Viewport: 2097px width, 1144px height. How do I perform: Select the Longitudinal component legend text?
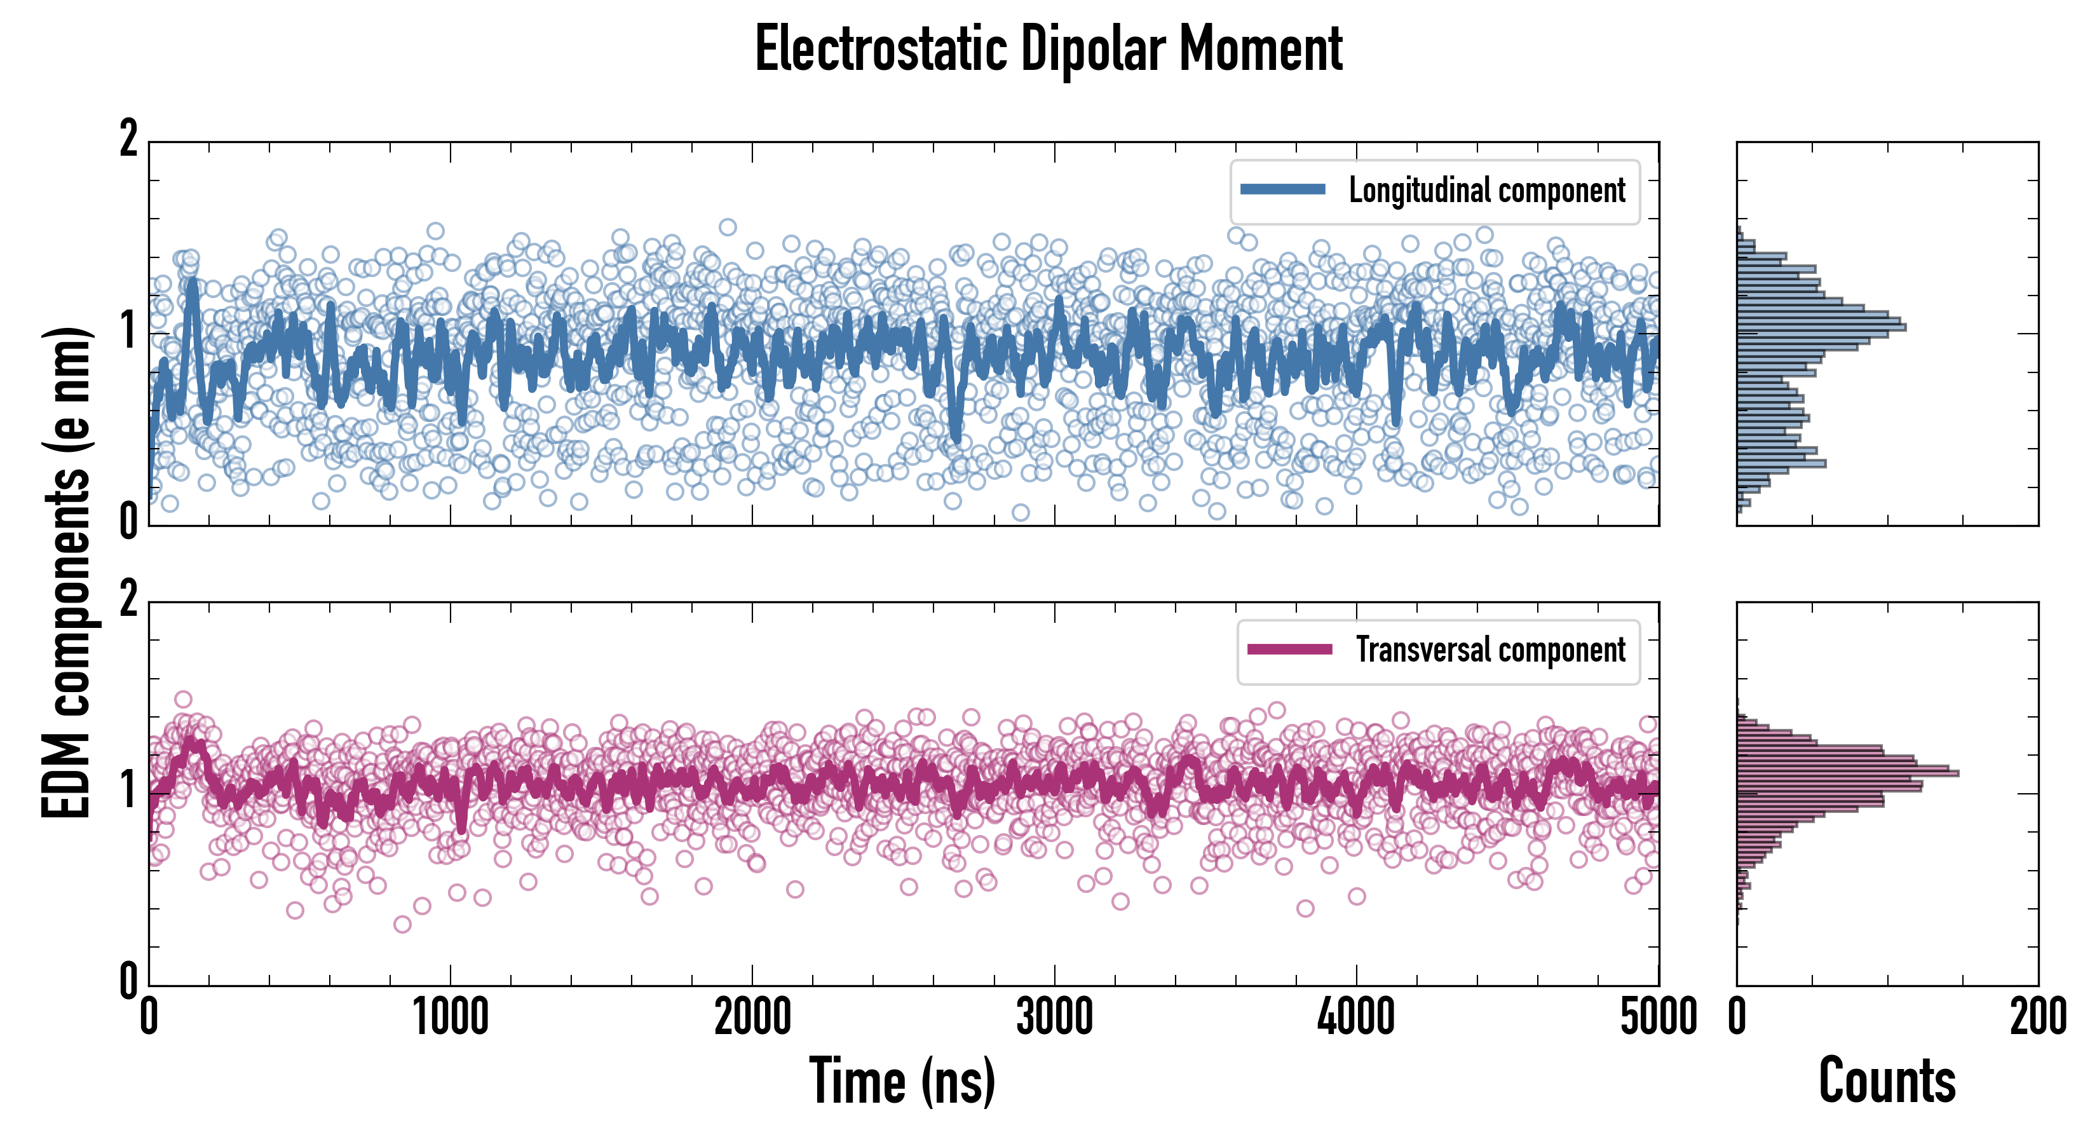point(1486,191)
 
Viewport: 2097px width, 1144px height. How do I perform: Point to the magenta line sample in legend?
point(1289,649)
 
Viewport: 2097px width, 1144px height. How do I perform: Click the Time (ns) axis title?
point(902,1080)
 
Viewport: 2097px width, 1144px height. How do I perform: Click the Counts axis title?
point(1887,1080)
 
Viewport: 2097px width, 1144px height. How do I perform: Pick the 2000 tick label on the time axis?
point(752,1018)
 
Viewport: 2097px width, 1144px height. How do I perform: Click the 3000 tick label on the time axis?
point(1054,1018)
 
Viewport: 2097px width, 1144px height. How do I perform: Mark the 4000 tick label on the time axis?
point(1356,1018)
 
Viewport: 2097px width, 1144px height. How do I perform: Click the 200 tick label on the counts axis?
point(2037,1018)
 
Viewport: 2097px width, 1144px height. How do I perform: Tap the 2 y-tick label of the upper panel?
point(128,140)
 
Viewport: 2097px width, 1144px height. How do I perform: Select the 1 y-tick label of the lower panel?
point(128,790)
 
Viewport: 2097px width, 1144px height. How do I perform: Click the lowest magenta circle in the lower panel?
point(402,924)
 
